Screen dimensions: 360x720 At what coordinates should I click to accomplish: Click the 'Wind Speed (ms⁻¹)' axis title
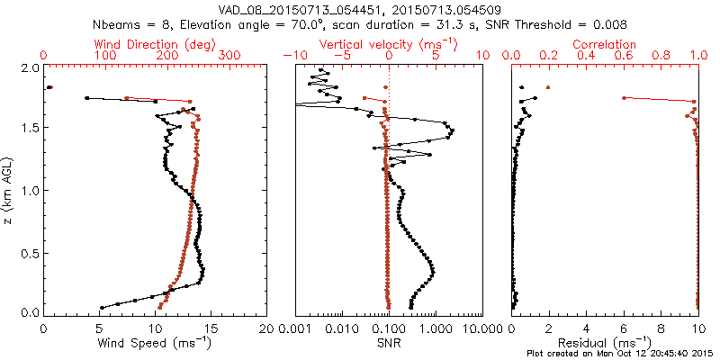click(x=155, y=343)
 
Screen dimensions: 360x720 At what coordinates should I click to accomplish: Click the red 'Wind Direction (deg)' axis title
click(x=155, y=44)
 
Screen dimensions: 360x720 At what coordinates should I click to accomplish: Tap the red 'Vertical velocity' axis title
click(x=388, y=44)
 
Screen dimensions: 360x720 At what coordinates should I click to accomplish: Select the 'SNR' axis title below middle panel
click(x=388, y=343)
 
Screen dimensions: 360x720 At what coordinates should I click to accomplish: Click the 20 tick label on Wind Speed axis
click(x=267, y=328)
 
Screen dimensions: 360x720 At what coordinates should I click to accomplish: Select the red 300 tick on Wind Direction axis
click(x=229, y=56)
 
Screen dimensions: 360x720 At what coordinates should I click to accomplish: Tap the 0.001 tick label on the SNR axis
click(x=296, y=328)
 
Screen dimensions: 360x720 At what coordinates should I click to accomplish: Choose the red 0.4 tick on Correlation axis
click(x=586, y=56)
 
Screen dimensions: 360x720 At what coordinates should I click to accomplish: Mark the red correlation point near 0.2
click(x=548, y=87)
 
